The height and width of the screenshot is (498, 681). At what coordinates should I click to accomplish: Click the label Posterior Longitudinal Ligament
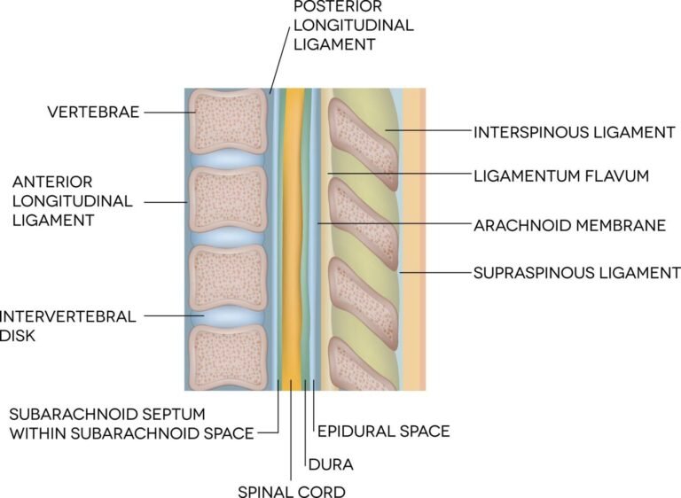point(353,24)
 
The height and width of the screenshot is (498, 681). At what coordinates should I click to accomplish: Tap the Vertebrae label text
point(93,113)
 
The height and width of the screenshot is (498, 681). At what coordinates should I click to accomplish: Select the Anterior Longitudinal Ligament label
point(72,201)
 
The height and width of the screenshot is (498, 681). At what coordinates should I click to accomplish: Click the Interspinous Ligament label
point(575,132)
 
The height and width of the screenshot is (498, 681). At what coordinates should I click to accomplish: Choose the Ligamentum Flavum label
point(561,175)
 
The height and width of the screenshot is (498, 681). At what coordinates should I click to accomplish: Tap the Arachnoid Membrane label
point(570,225)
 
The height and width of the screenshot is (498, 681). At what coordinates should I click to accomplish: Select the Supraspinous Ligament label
point(576,272)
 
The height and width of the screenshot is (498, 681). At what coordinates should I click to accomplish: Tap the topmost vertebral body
point(230,121)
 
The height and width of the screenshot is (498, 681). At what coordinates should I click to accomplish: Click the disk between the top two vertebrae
point(230,160)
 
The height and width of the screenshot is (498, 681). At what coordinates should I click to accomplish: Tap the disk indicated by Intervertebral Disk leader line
point(230,315)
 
